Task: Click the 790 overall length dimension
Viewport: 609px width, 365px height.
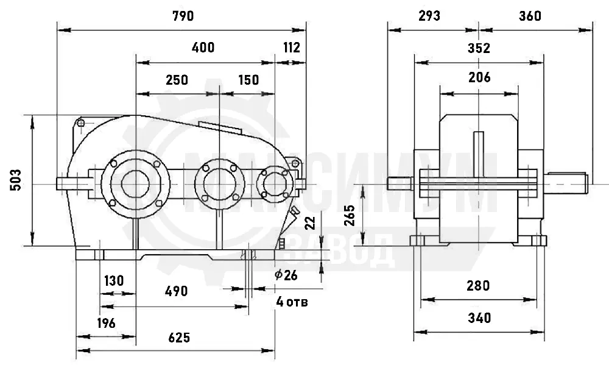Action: (183, 16)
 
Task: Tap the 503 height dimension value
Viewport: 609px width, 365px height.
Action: (16, 180)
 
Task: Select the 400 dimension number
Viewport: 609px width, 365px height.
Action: (203, 48)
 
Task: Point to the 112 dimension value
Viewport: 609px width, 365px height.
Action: (292, 48)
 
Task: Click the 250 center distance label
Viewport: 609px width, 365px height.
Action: (177, 80)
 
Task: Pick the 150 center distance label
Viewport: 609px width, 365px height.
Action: (248, 80)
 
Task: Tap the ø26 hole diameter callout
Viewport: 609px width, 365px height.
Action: (286, 275)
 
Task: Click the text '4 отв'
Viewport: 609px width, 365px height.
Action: (292, 301)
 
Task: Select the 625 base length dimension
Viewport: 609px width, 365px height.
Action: (180, 338)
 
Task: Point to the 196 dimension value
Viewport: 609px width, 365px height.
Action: (107, 322)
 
